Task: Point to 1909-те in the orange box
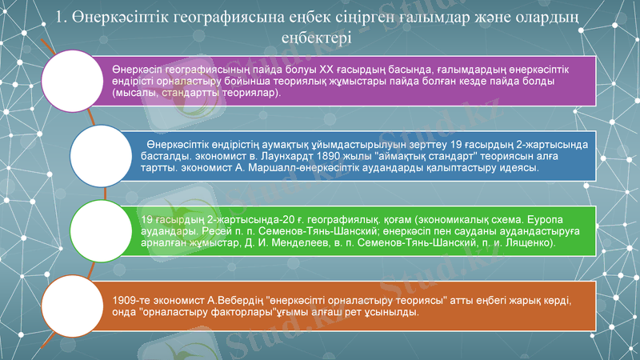coord(133,300)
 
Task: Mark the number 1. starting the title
coord(66,17)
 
